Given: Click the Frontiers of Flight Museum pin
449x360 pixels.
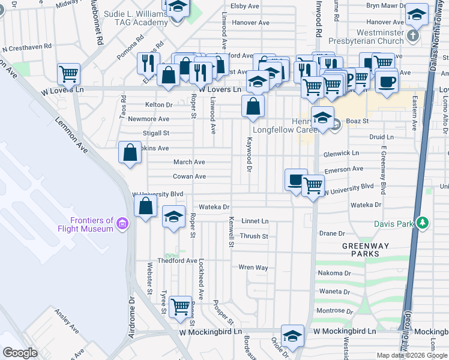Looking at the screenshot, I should click(122, 224).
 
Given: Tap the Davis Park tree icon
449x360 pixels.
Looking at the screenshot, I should click(423, 223).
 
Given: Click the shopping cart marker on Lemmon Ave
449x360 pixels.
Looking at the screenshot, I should click(69, 74).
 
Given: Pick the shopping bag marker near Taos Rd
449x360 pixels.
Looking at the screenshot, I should click(130, 152).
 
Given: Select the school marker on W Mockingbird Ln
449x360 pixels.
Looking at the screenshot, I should click(292, 335).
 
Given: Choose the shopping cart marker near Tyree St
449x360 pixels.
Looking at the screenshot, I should click(179, 307).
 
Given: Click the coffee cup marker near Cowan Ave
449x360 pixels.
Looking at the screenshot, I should click(295, 179).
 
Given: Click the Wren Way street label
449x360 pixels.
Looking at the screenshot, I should click(253, 267).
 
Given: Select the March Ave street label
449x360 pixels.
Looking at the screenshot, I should click(189, 162).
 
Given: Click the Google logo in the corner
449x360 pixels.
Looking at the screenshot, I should click(20, 353).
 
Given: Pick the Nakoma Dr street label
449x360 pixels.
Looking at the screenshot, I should click(335, 273).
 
